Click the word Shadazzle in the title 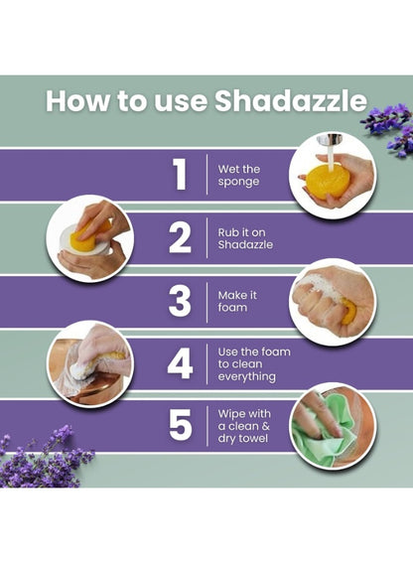(291, 100)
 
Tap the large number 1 (181, 174)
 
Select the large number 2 (180, 237)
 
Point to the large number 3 (180, 302)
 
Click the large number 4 (180, 364)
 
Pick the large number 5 (181, 426)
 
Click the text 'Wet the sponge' (239, 175)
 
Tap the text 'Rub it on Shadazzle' (245, 238)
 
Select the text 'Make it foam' (237, 301)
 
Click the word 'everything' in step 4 (247, 376)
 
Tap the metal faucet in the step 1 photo (329, 139)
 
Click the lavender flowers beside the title (389, 128)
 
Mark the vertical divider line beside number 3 (207, 302)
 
